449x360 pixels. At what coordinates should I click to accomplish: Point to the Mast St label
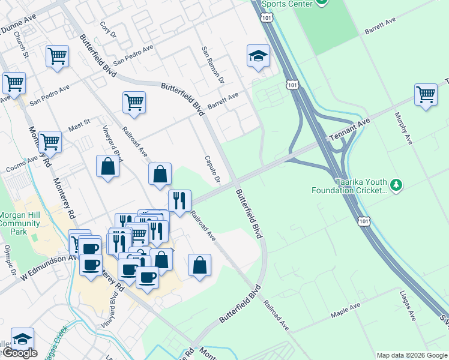pos(79,126)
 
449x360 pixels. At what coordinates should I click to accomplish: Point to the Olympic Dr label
pos(8,259)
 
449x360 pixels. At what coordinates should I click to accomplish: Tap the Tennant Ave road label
pos(349,130)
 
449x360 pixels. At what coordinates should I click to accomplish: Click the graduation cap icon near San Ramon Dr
pos(258,56)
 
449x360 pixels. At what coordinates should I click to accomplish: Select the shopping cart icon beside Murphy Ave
pos(425,94)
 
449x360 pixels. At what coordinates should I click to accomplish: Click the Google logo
pos(19,353)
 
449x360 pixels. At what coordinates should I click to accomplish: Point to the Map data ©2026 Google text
pos(412,355)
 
